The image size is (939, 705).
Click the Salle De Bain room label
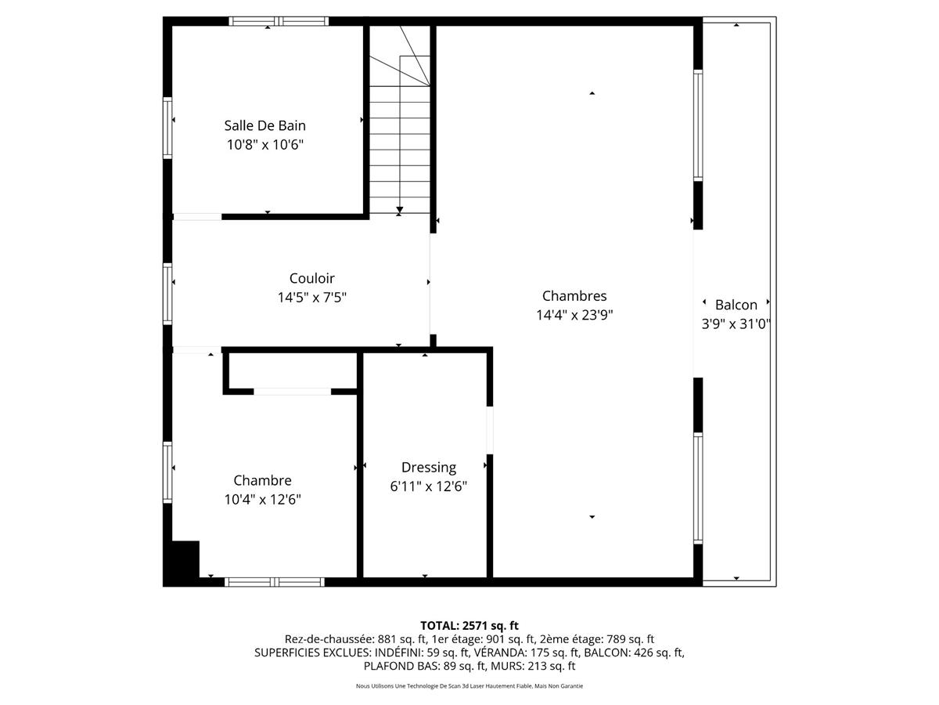(x=264, y=125)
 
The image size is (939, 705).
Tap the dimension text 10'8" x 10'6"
(x=264, y=145)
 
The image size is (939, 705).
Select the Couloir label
(x=311, y=278)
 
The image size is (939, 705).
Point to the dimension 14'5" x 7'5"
(x=311, y=298)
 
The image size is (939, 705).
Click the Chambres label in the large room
(x=574, y=296)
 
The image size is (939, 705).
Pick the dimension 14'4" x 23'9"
(x=574, y=316)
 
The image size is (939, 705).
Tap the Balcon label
(x=736, y=305)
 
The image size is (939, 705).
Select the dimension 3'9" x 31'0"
(x=736, y=324)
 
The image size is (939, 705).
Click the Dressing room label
(x=428, y=468)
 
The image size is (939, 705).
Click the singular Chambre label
(x=262, y=480)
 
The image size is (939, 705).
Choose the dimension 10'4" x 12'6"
(x=262, y=500)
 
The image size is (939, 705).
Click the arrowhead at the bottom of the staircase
(x=400, y=210)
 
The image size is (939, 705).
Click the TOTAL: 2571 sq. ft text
(x=469, y=625)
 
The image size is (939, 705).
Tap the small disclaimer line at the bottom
(x=469, y=686)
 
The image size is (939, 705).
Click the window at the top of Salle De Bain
(x=278, y=21)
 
